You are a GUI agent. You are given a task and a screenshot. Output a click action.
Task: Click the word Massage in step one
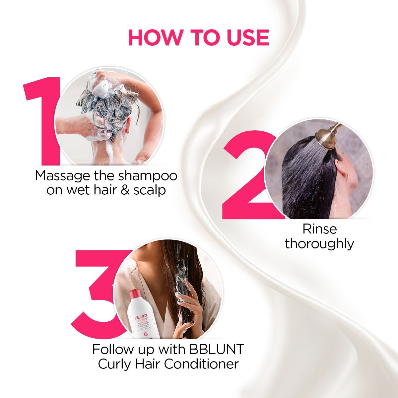click(x=63, y=175)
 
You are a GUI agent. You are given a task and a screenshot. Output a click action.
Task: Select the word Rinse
click(x=320, y=229)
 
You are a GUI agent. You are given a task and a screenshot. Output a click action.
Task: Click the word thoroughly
click(x=320, y=244)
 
